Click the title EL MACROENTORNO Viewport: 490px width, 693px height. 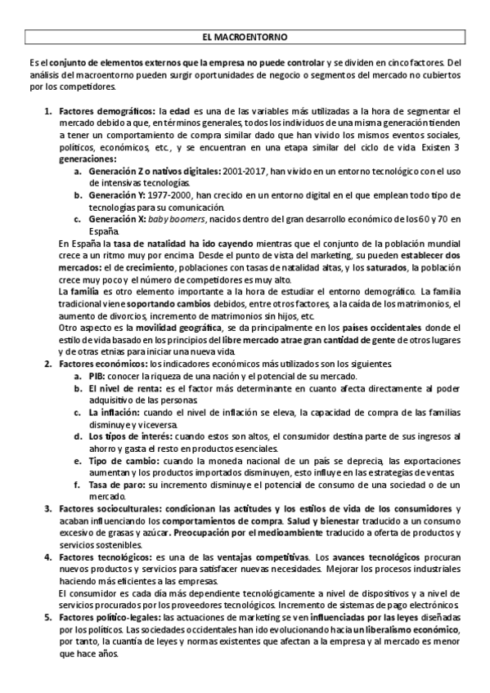click(245, 38)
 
